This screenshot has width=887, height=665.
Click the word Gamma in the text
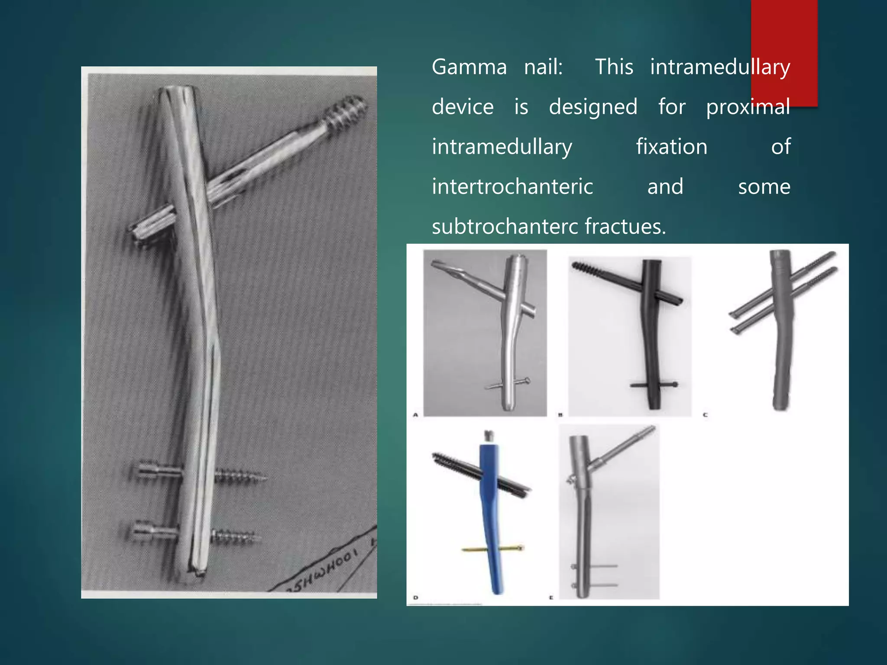tap(469, 68)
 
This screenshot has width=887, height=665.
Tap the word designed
tap(593, 107)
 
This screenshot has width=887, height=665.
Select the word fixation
tap(671, 147)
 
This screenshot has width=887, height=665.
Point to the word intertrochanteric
tap(512, 187)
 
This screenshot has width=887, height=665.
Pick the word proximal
tap(748, 107)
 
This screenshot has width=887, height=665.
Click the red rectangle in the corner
tap(784, 52)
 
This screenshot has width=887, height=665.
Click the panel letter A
tap(415, 415)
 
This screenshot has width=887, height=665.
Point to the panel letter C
tap(705, 415)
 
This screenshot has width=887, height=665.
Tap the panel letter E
tap(551, 598)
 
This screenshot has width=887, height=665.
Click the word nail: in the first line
tap(543, 68)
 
